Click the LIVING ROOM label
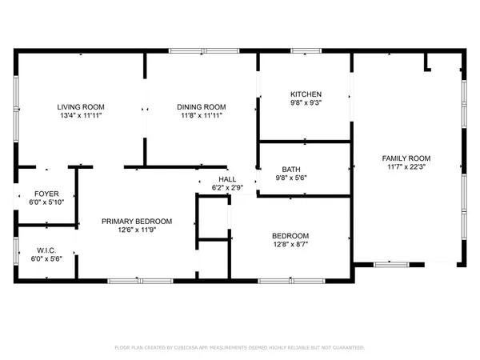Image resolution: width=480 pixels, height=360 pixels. [81, 106]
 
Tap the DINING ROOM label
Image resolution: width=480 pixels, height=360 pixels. [201, 106]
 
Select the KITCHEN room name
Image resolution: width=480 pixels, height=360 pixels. [306, 94]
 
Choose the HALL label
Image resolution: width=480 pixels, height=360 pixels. [227, 179]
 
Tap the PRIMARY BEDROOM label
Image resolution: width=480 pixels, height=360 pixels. [137, 222]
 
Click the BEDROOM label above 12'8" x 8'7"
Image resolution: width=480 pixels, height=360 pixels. [290, 235]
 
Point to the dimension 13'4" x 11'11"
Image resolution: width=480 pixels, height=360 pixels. [81, 115]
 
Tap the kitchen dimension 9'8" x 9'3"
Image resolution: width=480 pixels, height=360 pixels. [306, 102]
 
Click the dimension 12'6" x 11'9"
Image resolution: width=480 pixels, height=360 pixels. [137, 230]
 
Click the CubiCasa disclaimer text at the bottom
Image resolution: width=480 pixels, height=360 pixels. [240, 348]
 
